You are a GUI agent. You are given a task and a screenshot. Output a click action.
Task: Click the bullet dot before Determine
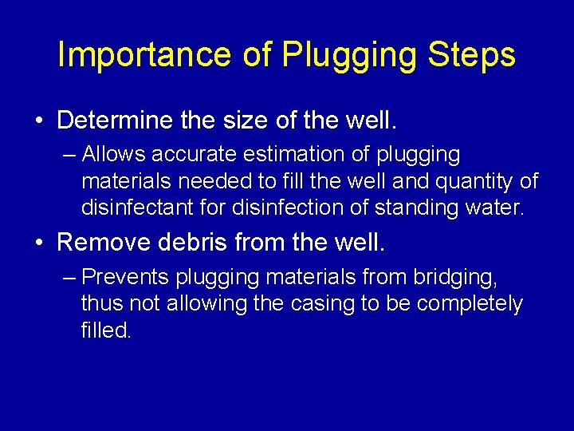(x=39, y=121)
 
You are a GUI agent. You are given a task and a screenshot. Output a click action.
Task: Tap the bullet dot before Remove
(x=39, y=242)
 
